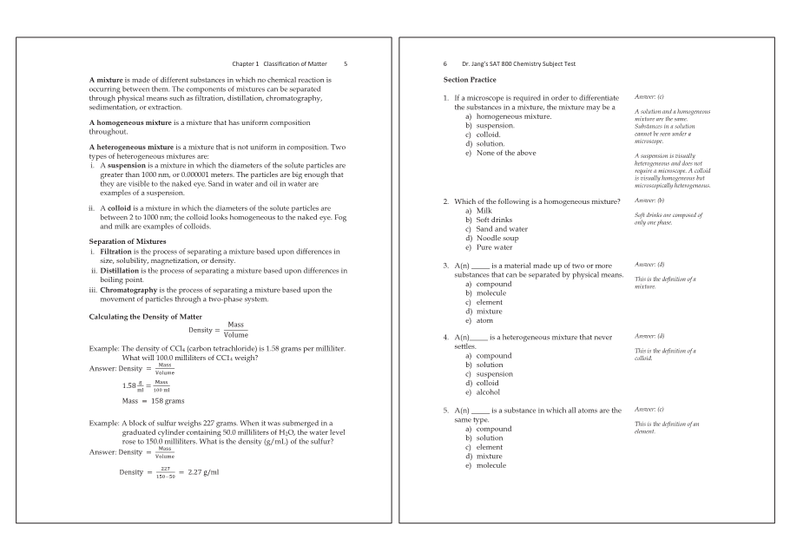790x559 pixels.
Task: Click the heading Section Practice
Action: point(469,80)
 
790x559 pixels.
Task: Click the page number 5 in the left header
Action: point(346,63)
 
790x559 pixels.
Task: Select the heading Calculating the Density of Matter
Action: point(146,317)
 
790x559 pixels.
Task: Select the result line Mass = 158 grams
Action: point(153,401)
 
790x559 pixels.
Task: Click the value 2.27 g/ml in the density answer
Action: point(203,472)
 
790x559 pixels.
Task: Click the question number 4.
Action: point(445,337)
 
